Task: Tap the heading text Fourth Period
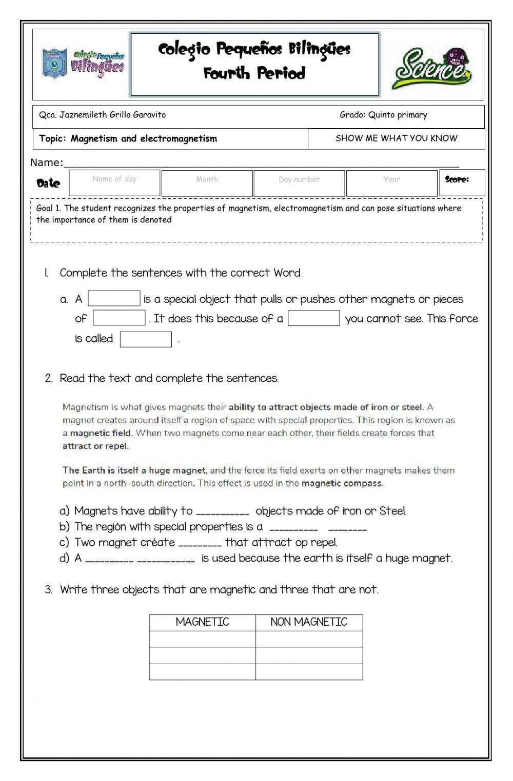[254, 73]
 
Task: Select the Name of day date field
[114, 183]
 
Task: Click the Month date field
[207, 183]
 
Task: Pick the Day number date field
[299, 183]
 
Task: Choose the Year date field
[391, 183]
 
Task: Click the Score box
[462, 183]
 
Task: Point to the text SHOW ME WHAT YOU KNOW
[396, 138]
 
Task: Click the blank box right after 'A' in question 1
[114, 299]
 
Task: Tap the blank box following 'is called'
[146, 339]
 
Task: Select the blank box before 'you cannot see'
[313, 318]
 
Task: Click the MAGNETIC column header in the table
[202, 622]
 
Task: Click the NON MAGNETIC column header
[309, 622]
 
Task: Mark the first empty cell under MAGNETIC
[202, 639]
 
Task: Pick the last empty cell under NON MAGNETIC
[309, 672]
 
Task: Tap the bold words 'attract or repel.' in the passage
[95, 446]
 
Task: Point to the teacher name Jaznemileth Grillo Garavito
[112, 115]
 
